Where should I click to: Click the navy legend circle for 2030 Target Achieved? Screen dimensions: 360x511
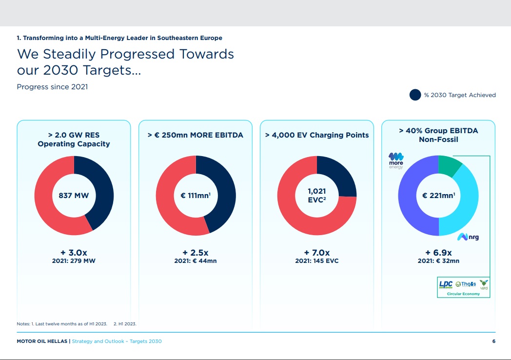[x=415, y=95]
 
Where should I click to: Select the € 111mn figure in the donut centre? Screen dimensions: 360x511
[x=196, y=196]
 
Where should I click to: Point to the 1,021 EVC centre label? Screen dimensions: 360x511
[x=317, y=195]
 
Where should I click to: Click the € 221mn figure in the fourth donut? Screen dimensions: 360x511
[x=438, y=196]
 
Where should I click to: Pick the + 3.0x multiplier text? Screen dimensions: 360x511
[x=74, y=253]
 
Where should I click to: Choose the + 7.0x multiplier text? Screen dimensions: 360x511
[x=317, y=253]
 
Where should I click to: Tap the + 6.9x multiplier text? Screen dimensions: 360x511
[x=438, y=253]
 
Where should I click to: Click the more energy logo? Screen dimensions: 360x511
[x=396, y=160]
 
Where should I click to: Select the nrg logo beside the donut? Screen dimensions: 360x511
[x=468, y=237]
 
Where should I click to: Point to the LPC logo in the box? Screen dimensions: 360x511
[x=446, y=284]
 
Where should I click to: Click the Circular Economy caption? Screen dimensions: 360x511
[x=463, y=294]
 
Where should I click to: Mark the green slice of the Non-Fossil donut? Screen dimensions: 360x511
[x=449, y=166]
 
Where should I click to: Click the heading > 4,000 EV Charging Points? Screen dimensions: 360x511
[x=317, y=135]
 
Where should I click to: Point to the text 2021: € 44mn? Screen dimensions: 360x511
[x=196, y=261]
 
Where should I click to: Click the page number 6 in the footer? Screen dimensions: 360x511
[x=493, y=341]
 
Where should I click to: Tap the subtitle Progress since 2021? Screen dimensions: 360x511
[x=52, y=87]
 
